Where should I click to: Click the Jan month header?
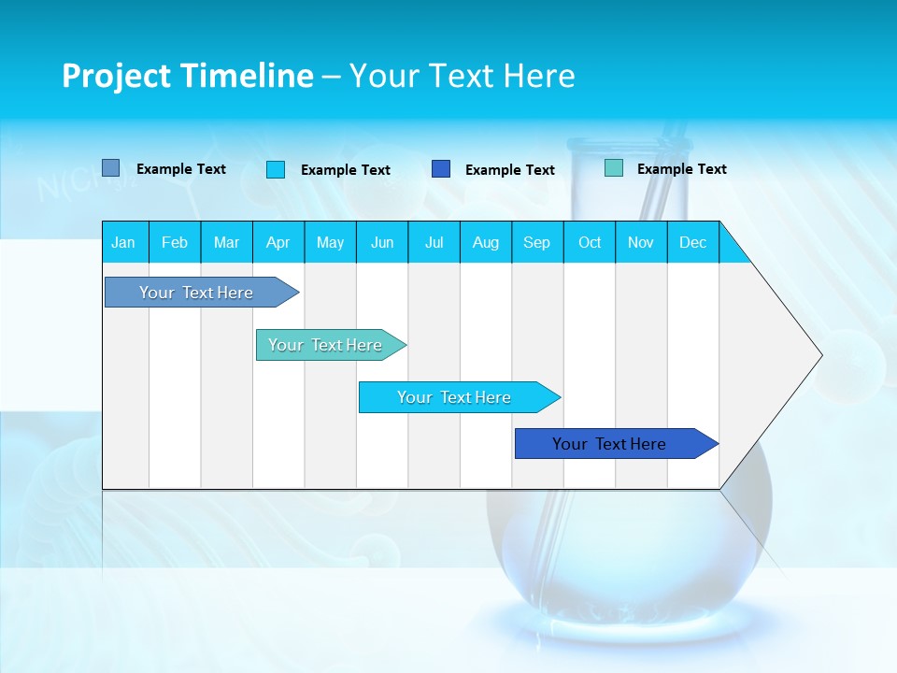pos(123,242)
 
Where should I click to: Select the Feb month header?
pos(175,242)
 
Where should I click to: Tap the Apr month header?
pos(278,242)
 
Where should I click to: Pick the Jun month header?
pos(382,242)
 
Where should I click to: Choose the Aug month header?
pos(485,242)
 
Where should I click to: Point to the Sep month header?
pos(536,242)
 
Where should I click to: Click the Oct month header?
pos(590,242)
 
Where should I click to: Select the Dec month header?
pos(692,242)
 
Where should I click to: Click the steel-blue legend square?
pos(110,168)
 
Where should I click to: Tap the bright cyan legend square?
pos(275,169)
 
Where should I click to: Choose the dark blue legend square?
pos(441,169)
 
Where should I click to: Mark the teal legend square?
pos(613,168)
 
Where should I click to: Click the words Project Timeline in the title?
pos(188,76)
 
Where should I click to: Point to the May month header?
pos(330,242)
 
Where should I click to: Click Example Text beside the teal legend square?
pos(681,169)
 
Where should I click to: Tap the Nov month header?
pos(641,242)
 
